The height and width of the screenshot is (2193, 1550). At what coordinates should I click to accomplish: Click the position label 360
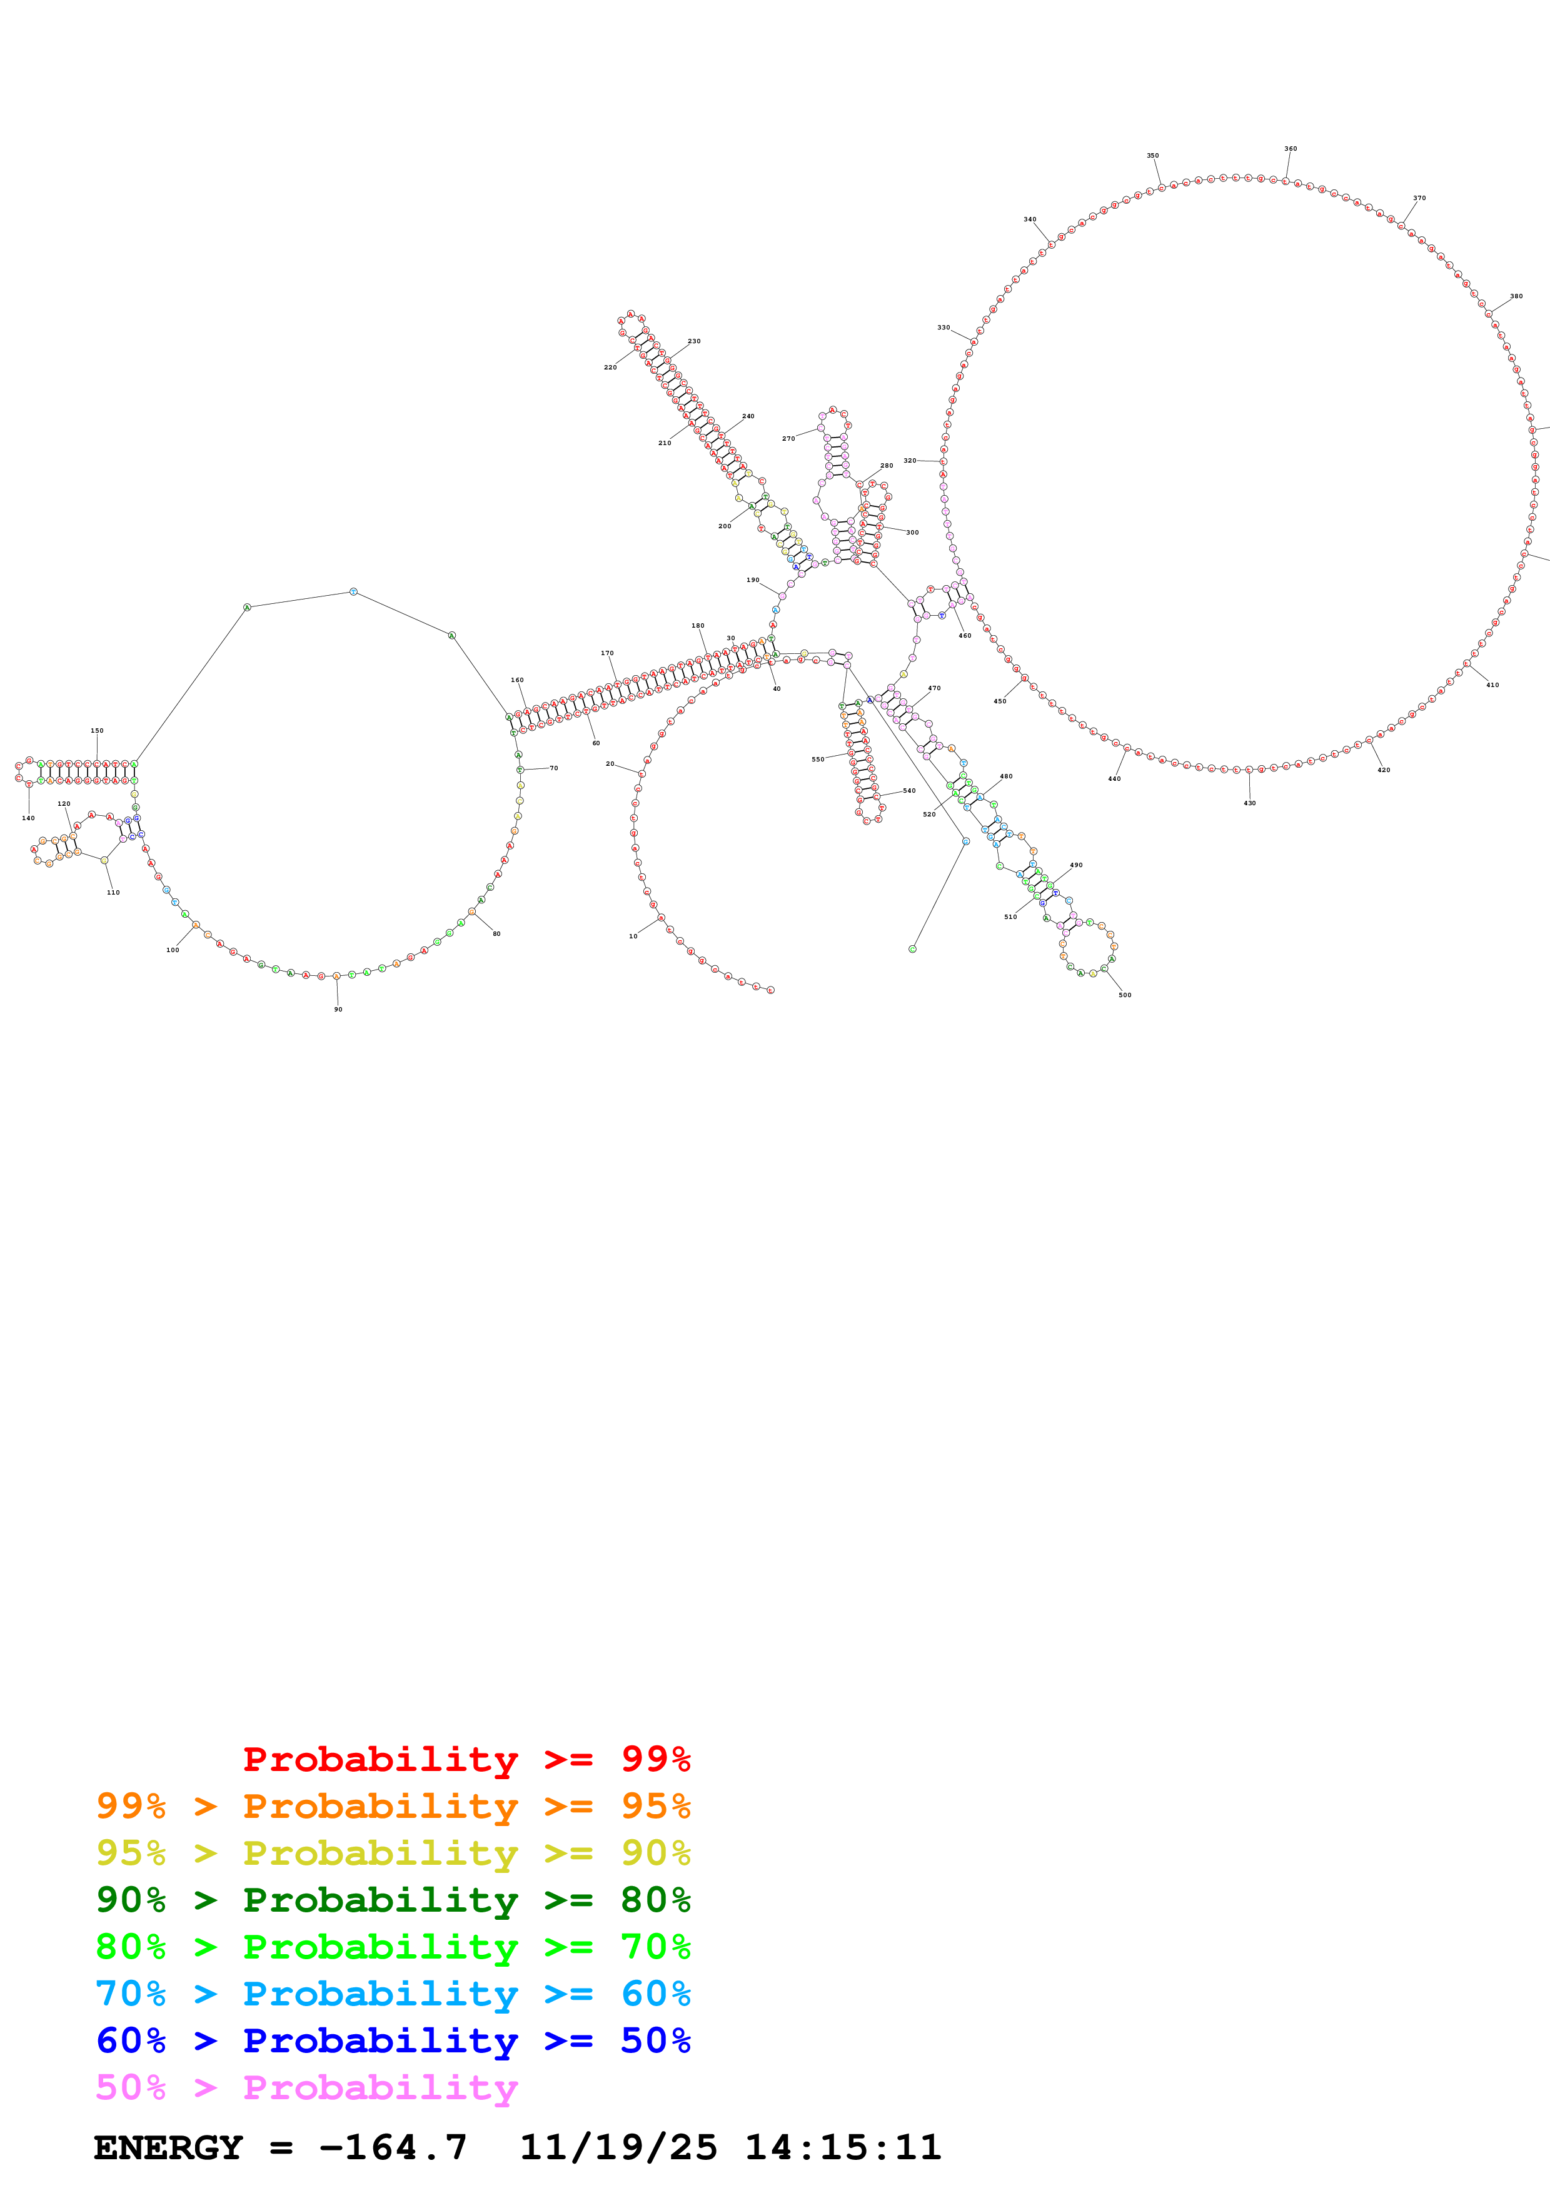1291,149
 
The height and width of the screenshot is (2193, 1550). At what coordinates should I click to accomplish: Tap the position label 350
1153,156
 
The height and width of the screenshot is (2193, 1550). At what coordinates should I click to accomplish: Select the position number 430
1249,803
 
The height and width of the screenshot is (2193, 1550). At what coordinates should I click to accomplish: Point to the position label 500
1125,995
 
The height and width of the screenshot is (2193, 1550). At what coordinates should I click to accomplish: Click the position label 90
338,1010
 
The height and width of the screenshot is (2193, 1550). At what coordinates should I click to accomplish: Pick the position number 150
96,731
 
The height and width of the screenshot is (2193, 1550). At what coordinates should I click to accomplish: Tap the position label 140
29,818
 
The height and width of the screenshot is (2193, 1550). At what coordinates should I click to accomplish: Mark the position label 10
633,937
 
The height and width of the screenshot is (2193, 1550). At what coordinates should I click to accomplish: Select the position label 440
1114,780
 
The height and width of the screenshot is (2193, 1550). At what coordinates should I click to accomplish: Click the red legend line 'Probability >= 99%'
466,1759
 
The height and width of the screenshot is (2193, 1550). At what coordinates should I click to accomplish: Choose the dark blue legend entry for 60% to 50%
393,2040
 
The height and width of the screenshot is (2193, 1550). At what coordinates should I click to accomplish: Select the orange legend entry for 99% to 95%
393,1806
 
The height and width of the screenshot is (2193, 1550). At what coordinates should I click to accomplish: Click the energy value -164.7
393,2147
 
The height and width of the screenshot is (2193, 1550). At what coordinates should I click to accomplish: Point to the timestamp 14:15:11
842,2147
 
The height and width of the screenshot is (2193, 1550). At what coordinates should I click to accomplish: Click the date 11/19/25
618,2147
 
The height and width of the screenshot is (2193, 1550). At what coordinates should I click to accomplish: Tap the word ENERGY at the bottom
168,2147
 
